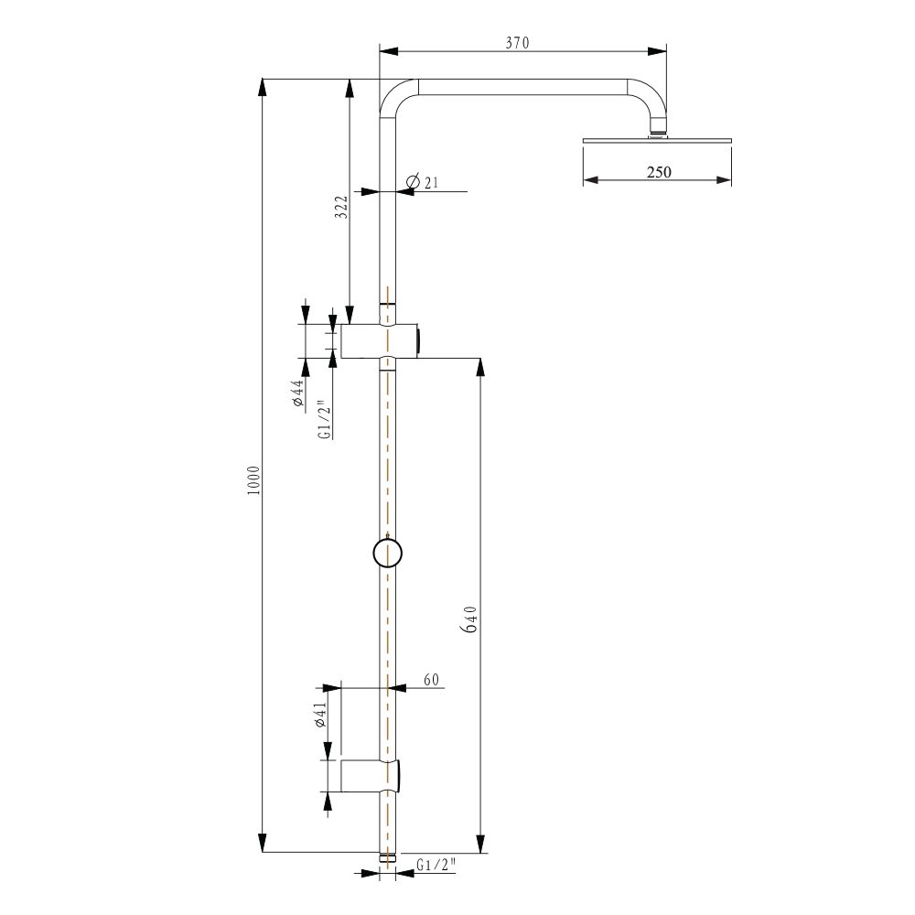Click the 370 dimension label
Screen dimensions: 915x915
(x=517, y=43)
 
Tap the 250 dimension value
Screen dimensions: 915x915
(x=659, y=172)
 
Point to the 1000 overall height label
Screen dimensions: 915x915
(x=253, y=481)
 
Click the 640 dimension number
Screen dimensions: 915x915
(x=470, y=619)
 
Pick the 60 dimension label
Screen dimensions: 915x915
(x=431, y=679)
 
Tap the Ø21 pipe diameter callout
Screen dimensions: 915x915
(x=422, y=182)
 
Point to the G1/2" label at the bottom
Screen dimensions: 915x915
(x=436, y=865)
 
